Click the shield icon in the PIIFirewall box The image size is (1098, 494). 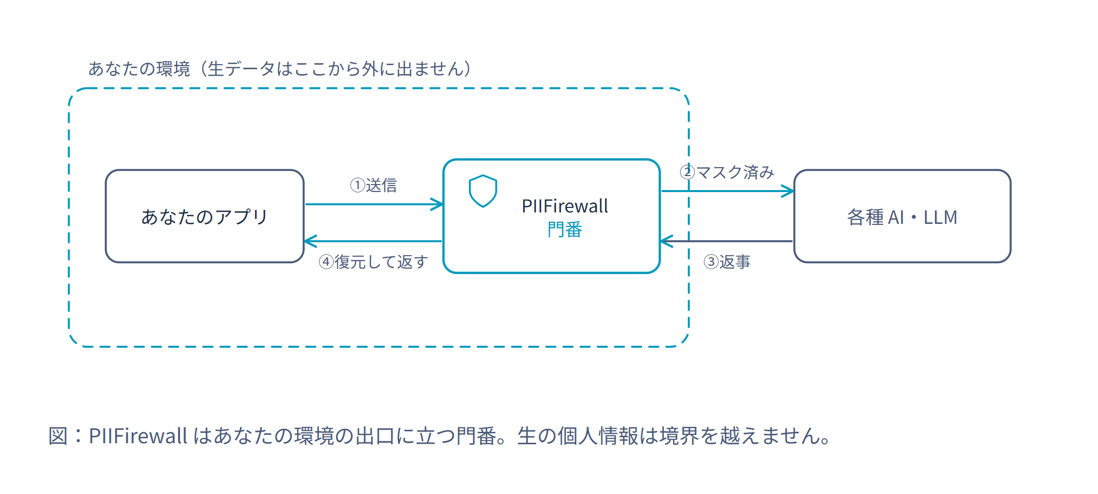(x=483, y=191)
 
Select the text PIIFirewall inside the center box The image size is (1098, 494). (x=564, y=206)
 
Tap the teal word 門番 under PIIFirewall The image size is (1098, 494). (x=564, y=230)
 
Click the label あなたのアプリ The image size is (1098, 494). (x=204, y=217)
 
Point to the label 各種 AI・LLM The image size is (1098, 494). (x=902, y=217)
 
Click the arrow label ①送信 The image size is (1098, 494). (x=373, y=185)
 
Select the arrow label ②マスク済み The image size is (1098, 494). (x=727, y=172)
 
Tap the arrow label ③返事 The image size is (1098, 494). (x=727, y=262)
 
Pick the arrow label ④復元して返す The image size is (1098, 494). (x=373, y=262)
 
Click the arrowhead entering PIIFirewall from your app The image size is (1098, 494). (x=437, y=204)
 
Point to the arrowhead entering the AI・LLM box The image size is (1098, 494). (x=788, y=191)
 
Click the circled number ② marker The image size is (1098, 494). (x=687, y=172)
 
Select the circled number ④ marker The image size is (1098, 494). (x=326, y=262)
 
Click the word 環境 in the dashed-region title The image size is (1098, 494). (x=173, y=69)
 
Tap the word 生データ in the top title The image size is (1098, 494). (x=241, y=69)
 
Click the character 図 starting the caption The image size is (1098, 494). (x=58, y=436)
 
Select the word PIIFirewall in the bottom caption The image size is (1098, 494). (x=138, y=436)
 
